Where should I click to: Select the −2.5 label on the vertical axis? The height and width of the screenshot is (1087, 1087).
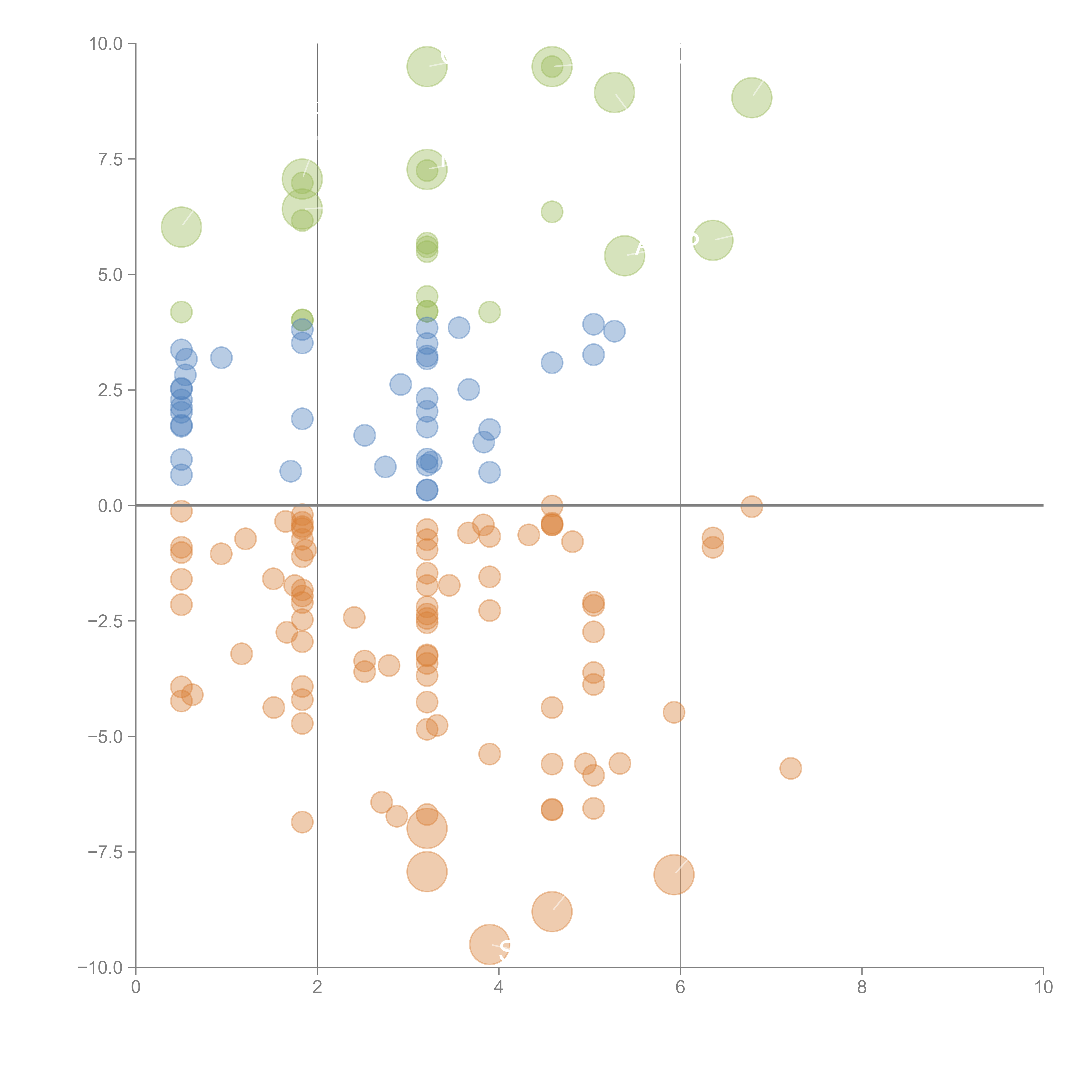pos(105,621)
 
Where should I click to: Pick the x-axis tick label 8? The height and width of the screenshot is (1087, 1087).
pos(862,987)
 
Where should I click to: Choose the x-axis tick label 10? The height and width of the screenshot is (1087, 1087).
pos(1043,987)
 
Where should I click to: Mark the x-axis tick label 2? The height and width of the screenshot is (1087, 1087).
pos(317,987)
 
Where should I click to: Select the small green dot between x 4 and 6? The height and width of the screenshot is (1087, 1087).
pos(552,212)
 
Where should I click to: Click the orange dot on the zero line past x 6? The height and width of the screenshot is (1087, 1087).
pos(752,506)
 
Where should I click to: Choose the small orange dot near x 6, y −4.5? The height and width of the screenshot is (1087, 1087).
pos(674,712)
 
